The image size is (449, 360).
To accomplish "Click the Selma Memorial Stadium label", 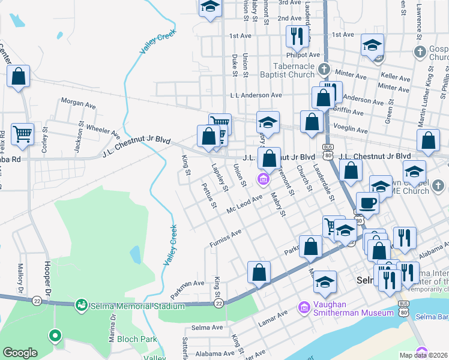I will (x=137, y=306).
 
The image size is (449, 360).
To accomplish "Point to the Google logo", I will (x=20, y=353).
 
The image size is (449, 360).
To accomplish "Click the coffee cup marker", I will (x=367, y=203).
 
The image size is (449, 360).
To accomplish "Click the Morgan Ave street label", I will (x=79, y=103).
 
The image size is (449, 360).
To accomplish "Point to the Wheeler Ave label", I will (x=103, y=128).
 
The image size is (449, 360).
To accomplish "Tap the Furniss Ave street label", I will (x=225, y=238).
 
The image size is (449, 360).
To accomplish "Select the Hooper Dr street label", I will (x=47, y=273).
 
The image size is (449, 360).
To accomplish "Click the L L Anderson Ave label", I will (x=256, y=95).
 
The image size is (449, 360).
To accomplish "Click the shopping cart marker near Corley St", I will (x=23, y=134).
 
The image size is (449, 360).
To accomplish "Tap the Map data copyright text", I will (x=424, y=355).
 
